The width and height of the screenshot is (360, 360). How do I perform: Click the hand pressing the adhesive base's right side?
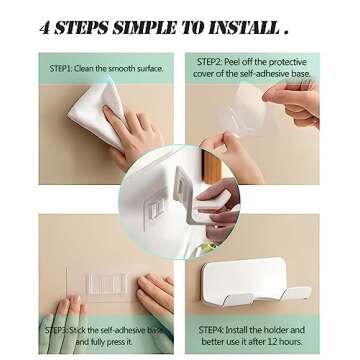click(x=156, y=295)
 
